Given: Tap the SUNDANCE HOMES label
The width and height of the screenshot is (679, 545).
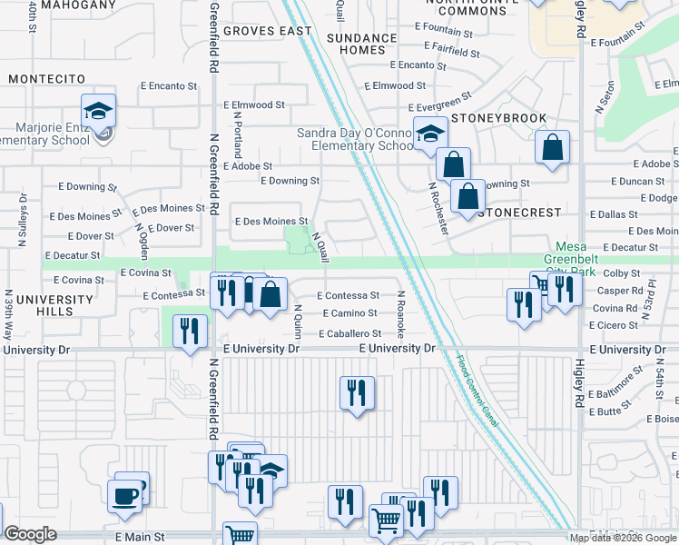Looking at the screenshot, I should click(x=362, y=44).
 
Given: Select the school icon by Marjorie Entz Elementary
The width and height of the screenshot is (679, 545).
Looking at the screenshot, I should click(x=98, y=111).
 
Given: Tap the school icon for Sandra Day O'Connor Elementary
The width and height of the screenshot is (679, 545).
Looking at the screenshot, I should click(x=429, y=134).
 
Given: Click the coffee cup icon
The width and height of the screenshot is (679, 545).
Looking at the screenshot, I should click(x=124, y=496).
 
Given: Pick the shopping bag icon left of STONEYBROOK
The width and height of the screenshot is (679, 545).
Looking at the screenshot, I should click(x=452, y=164).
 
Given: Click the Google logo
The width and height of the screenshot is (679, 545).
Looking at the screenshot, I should click(x=30, y=534).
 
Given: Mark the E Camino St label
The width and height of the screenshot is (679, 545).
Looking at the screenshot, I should click(x=347, y=313).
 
